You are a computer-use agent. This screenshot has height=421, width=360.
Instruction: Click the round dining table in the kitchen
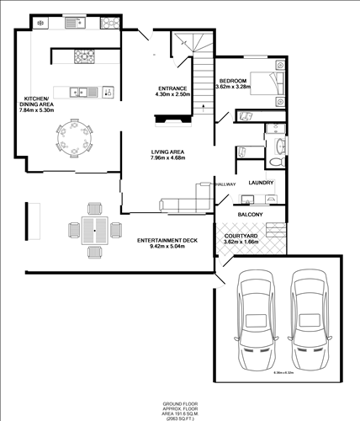pos(73,138)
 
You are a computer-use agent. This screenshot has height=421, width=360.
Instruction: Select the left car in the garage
pos(256,316)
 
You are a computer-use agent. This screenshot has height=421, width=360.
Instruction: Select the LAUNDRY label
pos(262,183)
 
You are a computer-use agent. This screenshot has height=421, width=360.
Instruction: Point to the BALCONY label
pos(250,215)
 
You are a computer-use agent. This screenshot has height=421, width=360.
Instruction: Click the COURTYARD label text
pos(241,235)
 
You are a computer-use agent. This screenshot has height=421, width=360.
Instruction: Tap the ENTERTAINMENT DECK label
pos(167,241)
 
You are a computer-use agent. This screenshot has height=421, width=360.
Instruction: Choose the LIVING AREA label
pos(167,152)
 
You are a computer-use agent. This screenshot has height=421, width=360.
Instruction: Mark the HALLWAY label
pos(225,184)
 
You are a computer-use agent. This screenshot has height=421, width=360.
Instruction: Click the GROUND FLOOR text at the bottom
pos(179,404)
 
